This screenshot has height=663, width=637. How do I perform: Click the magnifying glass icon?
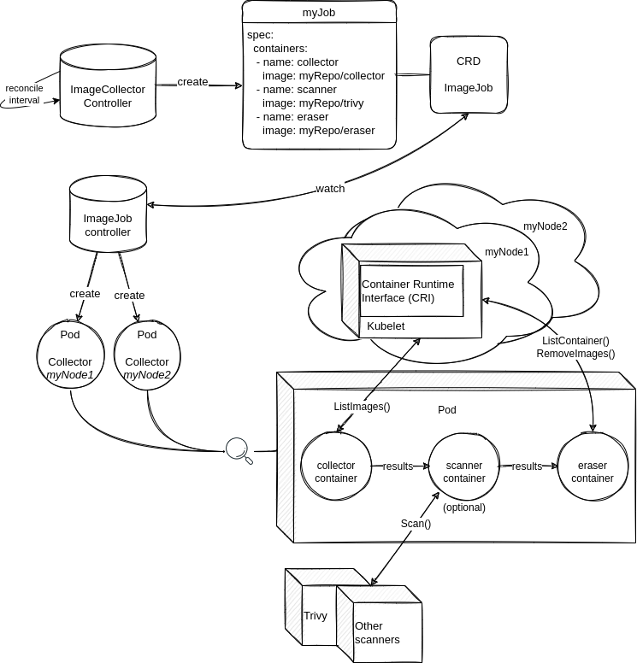pos(238,449)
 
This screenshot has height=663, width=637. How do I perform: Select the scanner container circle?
pos(463,472)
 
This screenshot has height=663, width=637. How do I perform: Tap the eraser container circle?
pos(592,472)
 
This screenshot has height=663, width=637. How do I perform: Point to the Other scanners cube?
pos(377,632)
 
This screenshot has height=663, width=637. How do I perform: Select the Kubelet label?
pos(386,326)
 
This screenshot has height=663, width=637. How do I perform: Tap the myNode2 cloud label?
pos(545,226)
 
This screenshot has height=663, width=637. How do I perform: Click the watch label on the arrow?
pos(330,189)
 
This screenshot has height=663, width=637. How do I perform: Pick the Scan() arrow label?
pos(416,524)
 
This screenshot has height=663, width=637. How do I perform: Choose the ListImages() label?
pos(362,407)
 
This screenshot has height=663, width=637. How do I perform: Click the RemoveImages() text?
pos(575,352)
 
